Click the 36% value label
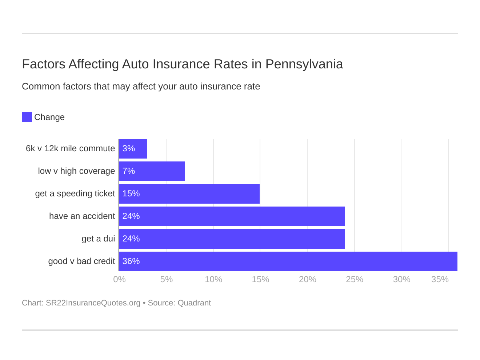[x=131, y=261]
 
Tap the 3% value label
[x=129, y=149]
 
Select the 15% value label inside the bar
[x=131, y=194]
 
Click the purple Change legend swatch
[x=27, y=117]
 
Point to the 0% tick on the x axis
[x=119, y=279]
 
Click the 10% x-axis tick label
[x=213, y=279]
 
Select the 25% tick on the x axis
[x=355, y=279]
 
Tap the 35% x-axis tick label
[x=440, y=279]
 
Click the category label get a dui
[x=98, y=239]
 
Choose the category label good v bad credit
[x=81, y=261]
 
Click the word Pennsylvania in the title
[x=304, y=64]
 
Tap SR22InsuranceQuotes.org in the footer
[x=93, y=303]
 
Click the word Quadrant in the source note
[x=194, y=303]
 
